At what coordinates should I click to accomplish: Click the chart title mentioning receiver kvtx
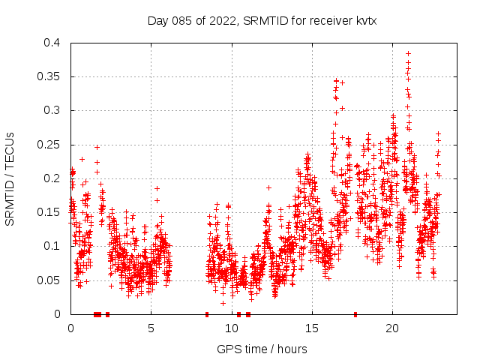click(x=262, y=20)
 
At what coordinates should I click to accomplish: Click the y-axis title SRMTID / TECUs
click(x=10, y=178)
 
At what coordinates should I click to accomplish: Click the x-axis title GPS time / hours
click(x=262, y=349)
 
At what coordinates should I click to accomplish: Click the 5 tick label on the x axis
click(x=151, y=328)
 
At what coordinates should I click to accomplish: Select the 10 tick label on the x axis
click(x=231, y=328)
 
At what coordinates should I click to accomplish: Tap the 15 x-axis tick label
click(x=311, y=328)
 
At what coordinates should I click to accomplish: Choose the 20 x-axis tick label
click(x=391, y=328)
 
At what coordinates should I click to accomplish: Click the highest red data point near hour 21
click(x=408, y=53)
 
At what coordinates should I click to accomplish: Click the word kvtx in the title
click(x=364, y=20)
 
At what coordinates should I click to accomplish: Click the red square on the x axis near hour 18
click(x=355, y=313)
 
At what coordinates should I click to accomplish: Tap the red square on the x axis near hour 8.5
click(x=206, y=313)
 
